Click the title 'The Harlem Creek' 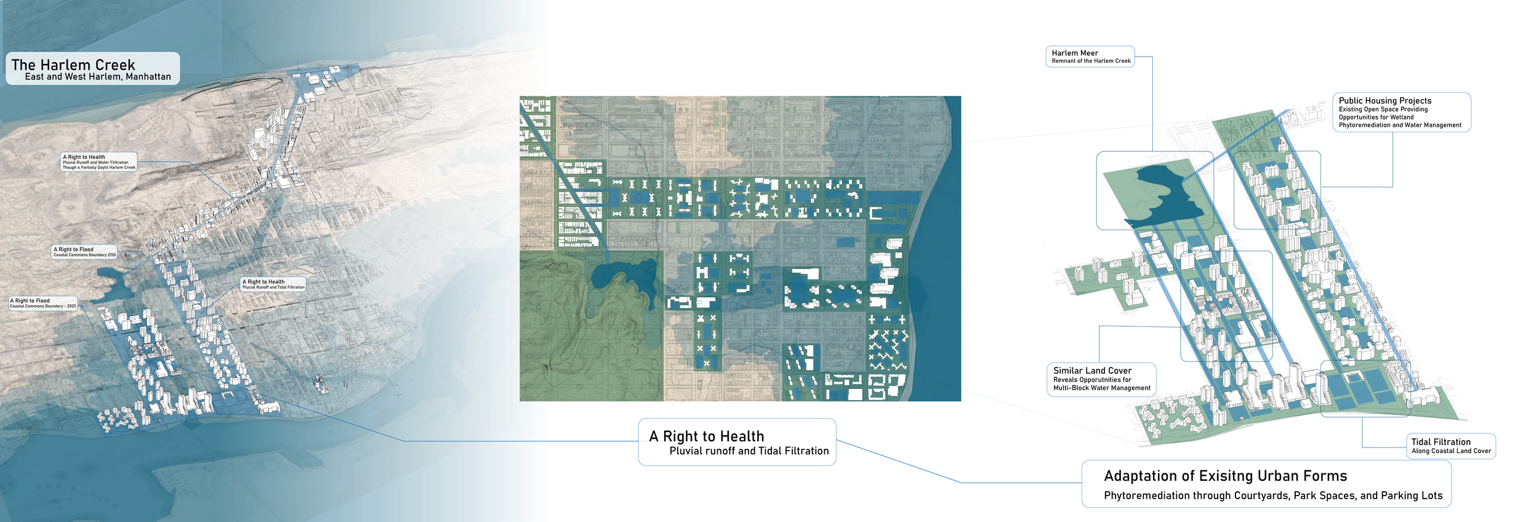(73, 65)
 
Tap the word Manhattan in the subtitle (148, 77)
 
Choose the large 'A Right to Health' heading (706, 436)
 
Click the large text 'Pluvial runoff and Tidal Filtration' (749, 451)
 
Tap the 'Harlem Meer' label (1074, 53)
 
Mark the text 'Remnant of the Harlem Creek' (1091, 61)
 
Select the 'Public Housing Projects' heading (1384, 100)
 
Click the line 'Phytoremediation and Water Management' (1399, 125)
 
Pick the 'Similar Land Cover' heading (1092, 371)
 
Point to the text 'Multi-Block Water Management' (1101, 388)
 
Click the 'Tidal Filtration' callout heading (1441, 442)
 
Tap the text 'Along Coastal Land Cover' (1451, 451)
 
